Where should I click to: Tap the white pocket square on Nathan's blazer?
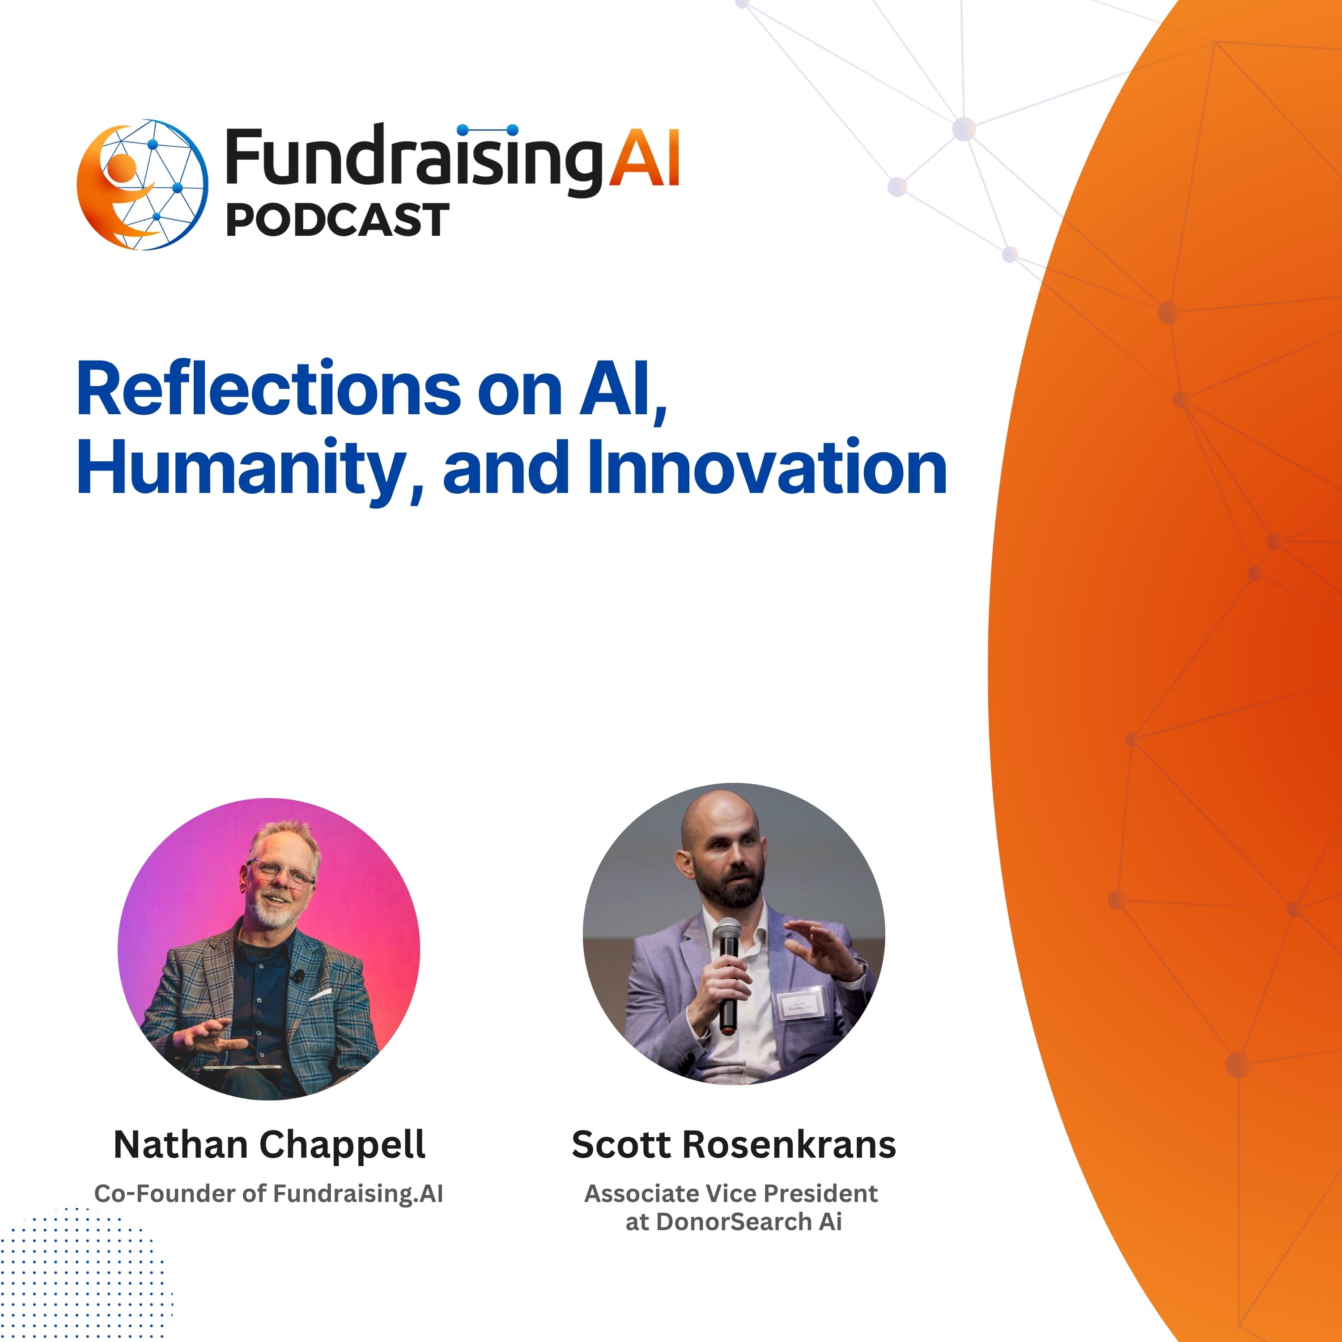pos(320,995)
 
